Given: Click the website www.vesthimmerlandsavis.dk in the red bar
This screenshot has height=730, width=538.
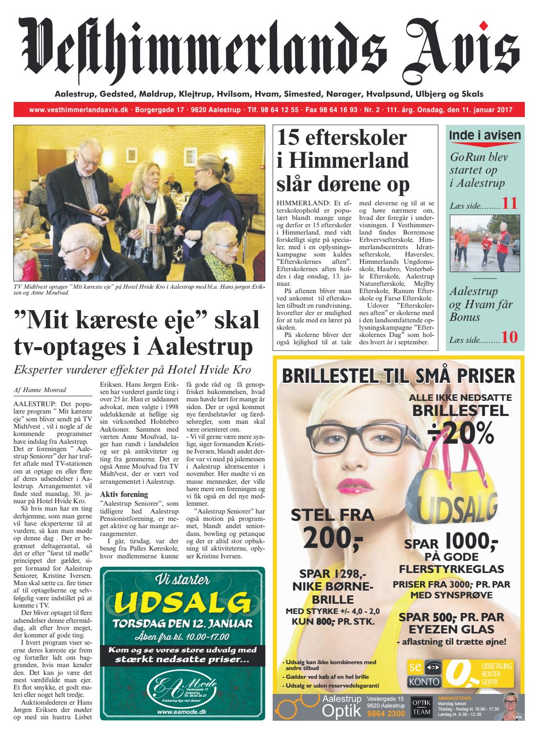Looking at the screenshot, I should coord(79,110).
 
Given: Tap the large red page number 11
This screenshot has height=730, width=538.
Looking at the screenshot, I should coord(510,203).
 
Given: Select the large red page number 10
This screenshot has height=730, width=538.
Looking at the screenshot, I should coord(510,337).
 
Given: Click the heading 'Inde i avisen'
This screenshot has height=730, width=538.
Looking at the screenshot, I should coord(485,136).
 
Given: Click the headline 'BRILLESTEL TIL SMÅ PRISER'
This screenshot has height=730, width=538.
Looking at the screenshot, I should coord(398,376).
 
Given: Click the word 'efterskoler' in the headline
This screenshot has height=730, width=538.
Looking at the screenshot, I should coord(355,138).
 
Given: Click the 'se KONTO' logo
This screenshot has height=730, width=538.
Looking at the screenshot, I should coord(424,673).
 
